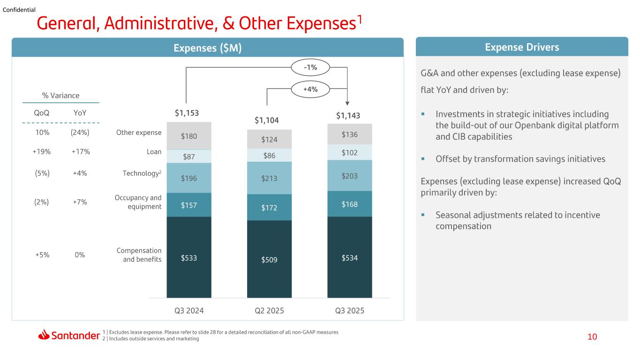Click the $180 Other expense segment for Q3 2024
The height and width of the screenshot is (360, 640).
[189, 136]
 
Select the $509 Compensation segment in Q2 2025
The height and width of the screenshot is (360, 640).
[269, 259]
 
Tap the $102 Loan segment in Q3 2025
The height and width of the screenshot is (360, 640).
[349, 152]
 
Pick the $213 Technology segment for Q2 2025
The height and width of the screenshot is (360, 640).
[269, 178]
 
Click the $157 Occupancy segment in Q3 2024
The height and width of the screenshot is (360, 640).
[189, 205]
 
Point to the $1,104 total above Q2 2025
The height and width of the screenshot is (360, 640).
[267, 120]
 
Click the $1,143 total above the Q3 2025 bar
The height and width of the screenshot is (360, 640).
[348, 116]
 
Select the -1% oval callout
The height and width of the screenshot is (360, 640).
[310, 67]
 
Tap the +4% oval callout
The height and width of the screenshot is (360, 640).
[310, 90]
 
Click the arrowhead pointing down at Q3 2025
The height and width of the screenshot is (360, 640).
[347, 104]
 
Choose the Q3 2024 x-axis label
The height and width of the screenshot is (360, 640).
[189, 311]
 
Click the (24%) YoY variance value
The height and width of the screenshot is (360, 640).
[80, 133]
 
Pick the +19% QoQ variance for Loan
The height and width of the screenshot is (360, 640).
[42, 152]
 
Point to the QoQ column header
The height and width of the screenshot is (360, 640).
[42, 113]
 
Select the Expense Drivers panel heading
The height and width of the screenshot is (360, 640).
[522, 47]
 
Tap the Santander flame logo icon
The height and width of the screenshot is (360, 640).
[44, 334]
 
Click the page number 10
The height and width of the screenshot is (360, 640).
[592, 337]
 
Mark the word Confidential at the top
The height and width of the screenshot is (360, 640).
[19, 10]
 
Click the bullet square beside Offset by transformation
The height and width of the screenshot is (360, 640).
[423, 159]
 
